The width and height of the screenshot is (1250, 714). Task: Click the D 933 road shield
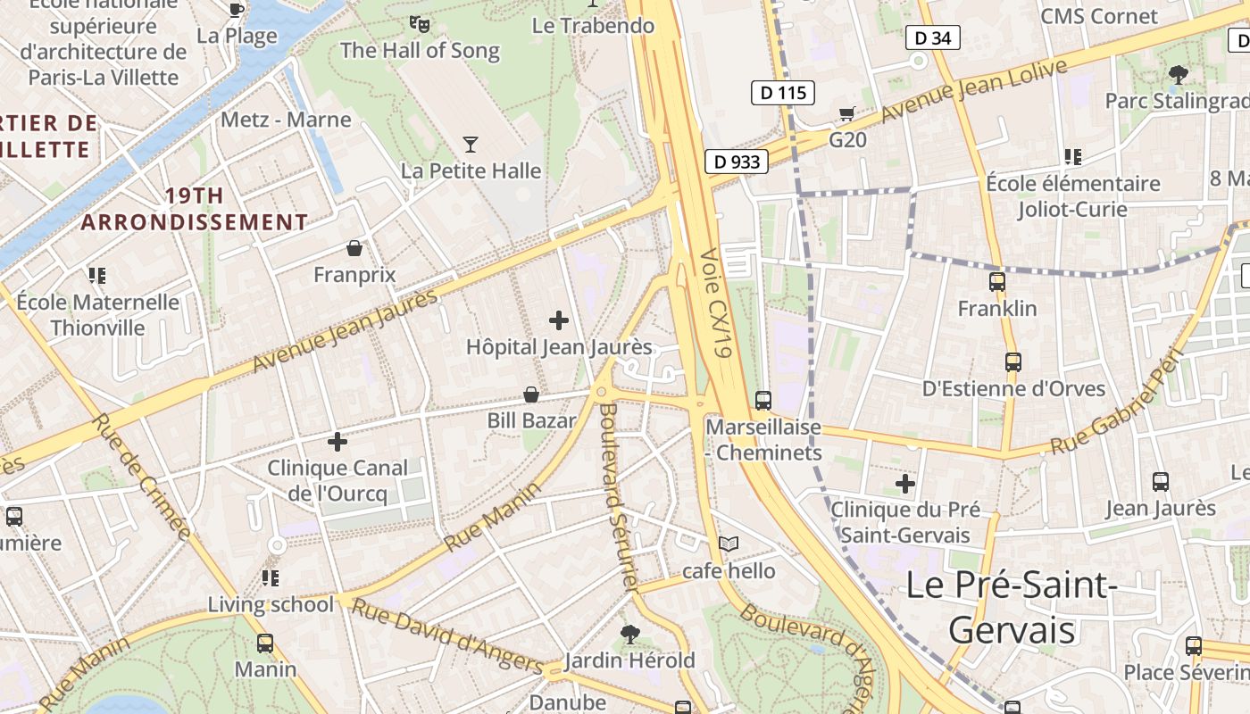click(x=737, y=162)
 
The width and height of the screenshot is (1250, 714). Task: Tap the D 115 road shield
click(x=783, y=92)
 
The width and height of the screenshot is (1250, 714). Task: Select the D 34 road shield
click(x=932, y=37)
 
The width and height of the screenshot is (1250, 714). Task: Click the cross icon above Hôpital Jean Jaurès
click(x=559, y=320)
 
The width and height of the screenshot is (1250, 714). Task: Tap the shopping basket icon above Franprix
click(x=354, y=247)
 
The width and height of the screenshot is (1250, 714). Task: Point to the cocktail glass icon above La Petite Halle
click(x=471, y=144)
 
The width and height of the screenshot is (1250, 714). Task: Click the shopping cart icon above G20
click(x=846, y=113)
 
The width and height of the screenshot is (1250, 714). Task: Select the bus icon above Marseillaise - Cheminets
click(x=763, y=400)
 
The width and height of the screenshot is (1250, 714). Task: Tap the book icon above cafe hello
click(x=729, y=544)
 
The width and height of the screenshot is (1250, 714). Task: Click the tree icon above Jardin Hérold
click(x=630, y=634)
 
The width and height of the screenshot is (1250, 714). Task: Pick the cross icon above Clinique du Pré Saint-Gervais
click(x=905, y=484)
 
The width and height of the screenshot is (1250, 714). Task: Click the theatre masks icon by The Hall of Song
click(x=419, y=24)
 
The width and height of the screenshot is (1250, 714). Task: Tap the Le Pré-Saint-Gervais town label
click(x=1012, y=608)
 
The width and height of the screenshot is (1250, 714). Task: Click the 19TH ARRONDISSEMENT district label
click(x=195, y=209)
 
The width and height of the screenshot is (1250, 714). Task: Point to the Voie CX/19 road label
click(x=717, y=303)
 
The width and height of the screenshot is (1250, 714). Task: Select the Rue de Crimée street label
click(x=143, y=477)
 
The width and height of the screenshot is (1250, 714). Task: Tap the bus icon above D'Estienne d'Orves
click(x=1012, y=361)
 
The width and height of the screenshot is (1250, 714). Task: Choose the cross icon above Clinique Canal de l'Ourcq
click(x=337, y=441)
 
